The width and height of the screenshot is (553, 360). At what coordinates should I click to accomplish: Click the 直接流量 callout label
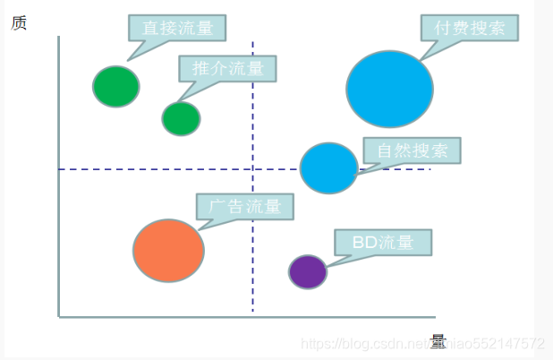point(177,28)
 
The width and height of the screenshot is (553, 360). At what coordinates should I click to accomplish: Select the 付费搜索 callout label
point(470,28)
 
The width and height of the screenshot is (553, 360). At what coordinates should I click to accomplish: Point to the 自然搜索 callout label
point(412,150)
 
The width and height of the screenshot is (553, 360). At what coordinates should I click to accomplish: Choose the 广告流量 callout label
point(245,207)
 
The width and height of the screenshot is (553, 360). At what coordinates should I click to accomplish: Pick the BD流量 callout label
point(383,243)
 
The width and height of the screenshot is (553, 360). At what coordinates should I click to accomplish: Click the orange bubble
point(168,251)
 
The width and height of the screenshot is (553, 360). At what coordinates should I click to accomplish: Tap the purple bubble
point(308,271)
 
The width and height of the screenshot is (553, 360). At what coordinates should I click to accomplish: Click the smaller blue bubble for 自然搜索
point(328,167)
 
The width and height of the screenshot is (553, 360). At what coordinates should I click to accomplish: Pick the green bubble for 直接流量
point(116,86)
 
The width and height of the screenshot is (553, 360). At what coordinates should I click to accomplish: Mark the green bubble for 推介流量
point(181,118)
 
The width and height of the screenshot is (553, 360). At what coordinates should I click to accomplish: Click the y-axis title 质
point(19,22)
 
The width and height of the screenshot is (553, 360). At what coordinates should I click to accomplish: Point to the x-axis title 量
point(438,341)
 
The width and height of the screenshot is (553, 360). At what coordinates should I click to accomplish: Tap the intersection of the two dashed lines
point(253,168)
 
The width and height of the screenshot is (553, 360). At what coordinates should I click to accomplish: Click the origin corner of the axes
point(59,316)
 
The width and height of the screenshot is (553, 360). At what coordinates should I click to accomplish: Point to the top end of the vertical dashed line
point(253,43)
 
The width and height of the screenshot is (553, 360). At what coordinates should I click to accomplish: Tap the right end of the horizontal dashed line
point(430,168)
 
